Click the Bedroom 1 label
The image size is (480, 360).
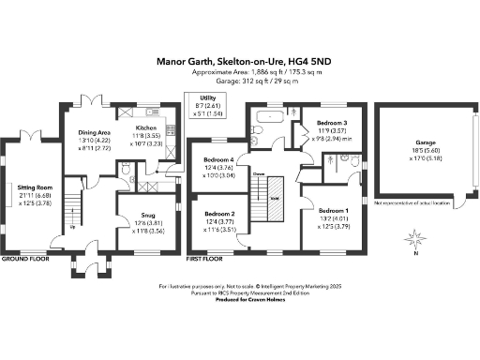333,211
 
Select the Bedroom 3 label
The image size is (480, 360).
332,123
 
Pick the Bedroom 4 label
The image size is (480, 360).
219,161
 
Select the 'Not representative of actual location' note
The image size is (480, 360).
412,202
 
